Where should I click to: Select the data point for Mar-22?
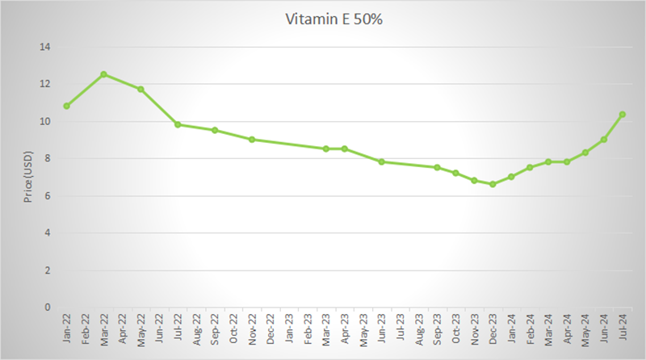click(103, 74)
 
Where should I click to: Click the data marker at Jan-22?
click(66, 106)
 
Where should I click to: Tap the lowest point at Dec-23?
click(493, 184)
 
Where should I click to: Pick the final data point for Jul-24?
click(622, 115)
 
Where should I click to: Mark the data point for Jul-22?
click(178, 124)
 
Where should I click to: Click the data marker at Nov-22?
click(252, 140)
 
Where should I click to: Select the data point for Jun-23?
click(381, 161)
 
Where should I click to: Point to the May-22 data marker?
click(141, 89)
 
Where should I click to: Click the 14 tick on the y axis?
click(45, 47)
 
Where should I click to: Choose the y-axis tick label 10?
click(45, 121)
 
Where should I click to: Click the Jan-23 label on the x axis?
click(289, 329)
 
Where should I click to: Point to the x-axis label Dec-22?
click(271, 329)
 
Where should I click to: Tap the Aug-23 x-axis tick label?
click(418, 329)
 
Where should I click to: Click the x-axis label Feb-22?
click(85, 329)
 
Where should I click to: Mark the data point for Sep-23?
click(437, 167)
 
